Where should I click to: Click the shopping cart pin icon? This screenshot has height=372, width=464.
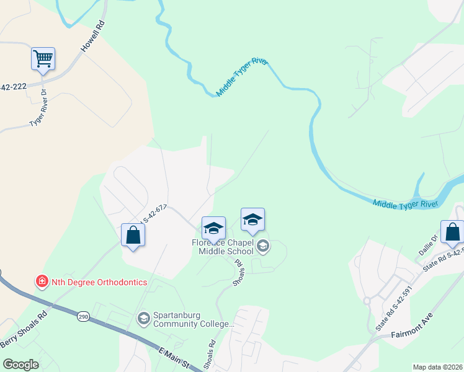[43, 60]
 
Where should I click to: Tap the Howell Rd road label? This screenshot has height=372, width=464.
[93, 38]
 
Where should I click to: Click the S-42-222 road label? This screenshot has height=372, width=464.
[12, 87]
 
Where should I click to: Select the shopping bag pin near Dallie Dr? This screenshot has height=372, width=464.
[452, 232]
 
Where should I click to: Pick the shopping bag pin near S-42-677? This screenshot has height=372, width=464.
[133, 236]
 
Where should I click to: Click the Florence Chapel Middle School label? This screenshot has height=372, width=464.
[222, 246]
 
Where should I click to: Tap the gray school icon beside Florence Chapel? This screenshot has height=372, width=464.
[263, 247]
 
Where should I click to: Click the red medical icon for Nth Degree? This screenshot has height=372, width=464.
[42, 282]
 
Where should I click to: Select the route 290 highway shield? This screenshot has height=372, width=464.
[83, 317]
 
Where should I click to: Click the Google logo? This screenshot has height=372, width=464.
[20, 365]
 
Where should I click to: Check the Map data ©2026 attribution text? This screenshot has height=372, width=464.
[437, 366]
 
